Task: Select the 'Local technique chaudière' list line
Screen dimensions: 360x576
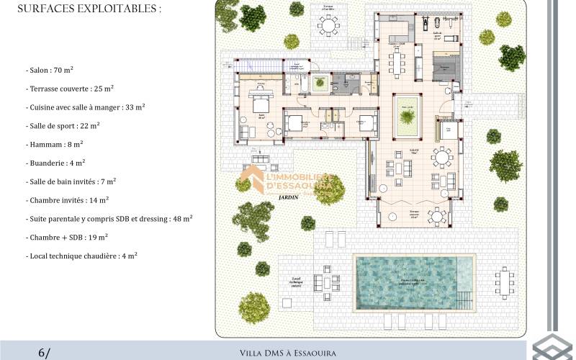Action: (x=83, y=256)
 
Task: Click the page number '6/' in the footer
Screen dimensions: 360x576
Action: (x=45, y=352)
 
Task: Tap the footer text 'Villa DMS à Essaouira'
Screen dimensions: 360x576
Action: (x=287, y=353)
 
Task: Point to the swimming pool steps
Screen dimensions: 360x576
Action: (x=466, y=296)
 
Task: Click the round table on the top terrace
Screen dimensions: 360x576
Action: (x=329, y=27)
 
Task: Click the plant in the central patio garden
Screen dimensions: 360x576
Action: (x=408, y=115)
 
